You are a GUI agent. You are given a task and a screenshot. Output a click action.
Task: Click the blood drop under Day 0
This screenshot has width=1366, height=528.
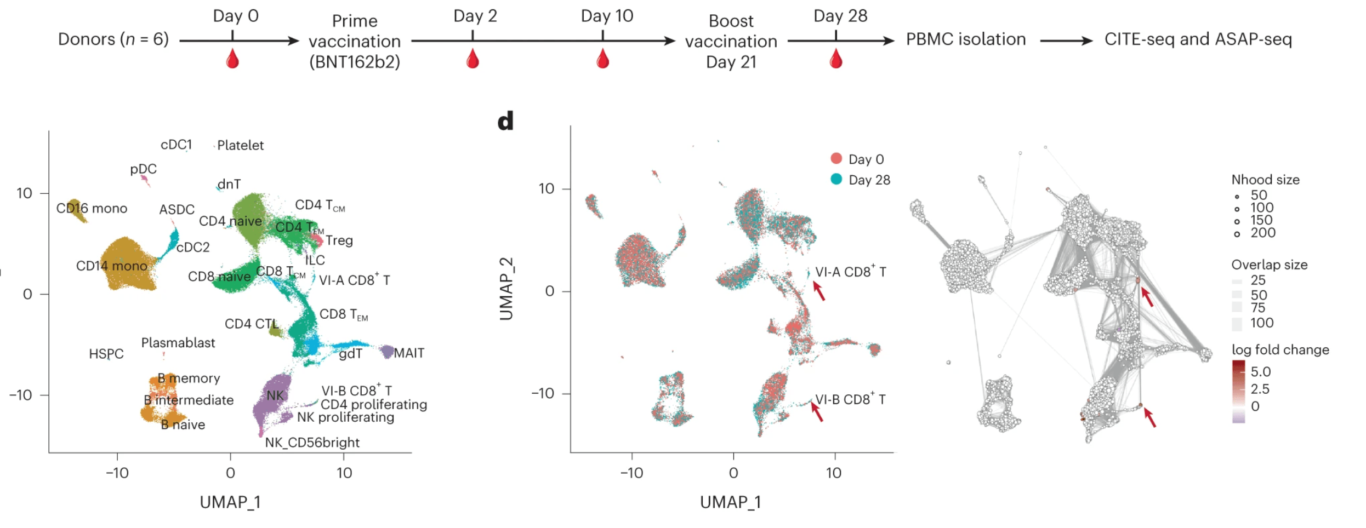pos(232,59)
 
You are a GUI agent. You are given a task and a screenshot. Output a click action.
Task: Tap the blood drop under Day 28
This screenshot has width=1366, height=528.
pos(835,59)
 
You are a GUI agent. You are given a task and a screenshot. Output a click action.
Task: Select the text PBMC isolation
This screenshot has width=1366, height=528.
pos(965,39)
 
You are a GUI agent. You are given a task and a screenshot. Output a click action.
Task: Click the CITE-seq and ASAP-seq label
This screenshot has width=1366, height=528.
pos(1198,39)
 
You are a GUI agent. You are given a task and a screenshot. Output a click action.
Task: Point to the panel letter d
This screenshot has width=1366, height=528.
pos(505,121)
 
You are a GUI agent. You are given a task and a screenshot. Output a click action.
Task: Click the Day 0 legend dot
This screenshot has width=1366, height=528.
pos(836,159)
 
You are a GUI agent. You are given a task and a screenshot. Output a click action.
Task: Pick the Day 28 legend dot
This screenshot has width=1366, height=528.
pos(836,179)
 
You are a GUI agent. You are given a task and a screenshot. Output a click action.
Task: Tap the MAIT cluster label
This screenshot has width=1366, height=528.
pos(409,353)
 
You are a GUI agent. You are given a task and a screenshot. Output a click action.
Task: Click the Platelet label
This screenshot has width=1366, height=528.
pos(240,145)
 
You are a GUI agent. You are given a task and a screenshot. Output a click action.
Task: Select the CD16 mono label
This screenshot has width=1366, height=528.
pos(92,208)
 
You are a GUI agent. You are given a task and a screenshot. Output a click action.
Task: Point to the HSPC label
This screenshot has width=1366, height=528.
pos(106,354)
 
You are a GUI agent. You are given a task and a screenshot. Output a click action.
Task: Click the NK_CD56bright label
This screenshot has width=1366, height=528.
pos(312,443)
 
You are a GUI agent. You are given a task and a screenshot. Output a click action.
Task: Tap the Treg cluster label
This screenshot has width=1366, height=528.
pos(339,240)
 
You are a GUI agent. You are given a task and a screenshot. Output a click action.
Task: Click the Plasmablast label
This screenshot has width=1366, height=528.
pos(178,343)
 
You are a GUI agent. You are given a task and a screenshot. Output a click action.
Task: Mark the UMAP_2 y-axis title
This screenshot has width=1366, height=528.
pos(506,289)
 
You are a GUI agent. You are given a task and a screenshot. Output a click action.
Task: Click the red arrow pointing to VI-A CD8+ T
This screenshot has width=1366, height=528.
pos(818,291)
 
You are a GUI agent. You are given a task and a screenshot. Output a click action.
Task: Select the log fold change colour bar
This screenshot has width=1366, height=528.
pos(1238,391)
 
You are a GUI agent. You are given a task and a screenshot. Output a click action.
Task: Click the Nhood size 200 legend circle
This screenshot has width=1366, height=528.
pos(1237,234)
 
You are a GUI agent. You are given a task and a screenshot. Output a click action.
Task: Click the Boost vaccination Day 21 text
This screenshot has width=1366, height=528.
pos(731,41)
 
